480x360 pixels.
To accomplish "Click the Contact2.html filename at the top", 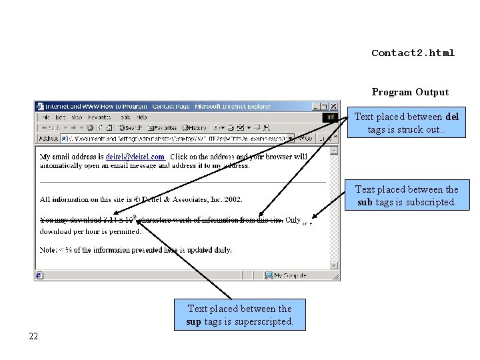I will coord(413,53).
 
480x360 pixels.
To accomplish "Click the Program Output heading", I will coord(410,92).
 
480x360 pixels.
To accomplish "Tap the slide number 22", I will coord(33,335).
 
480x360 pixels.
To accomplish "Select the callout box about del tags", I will coord(406,123).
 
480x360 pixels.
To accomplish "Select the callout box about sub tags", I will coord(407,196).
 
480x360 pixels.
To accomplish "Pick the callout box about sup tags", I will coord(239,315).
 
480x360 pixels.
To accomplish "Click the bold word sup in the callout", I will coord(194,321).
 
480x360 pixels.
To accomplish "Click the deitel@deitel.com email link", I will coord(135,157).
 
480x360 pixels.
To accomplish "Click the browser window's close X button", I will coord(334,106).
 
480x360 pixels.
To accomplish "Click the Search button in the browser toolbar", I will coord(130,127).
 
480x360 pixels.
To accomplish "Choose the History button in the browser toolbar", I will coord(195,127).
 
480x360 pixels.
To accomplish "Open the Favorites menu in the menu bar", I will coord(100,117).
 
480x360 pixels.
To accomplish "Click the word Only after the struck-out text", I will coord(293,220).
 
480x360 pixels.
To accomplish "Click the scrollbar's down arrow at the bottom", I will coord(335,265).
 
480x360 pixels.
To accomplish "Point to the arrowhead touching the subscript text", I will coord(313,217).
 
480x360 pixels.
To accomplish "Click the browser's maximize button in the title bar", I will coord(325,106).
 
